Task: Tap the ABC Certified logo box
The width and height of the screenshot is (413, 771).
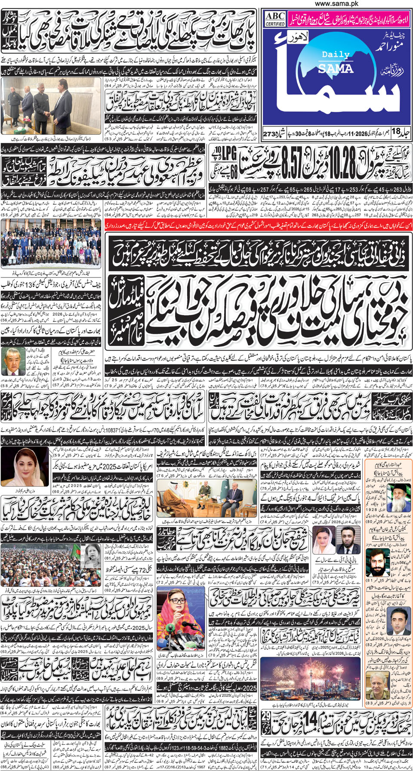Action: click(275, 19)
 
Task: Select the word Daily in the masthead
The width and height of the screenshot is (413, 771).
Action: click(336, 55)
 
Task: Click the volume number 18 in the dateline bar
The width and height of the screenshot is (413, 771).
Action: click(395, 131)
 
